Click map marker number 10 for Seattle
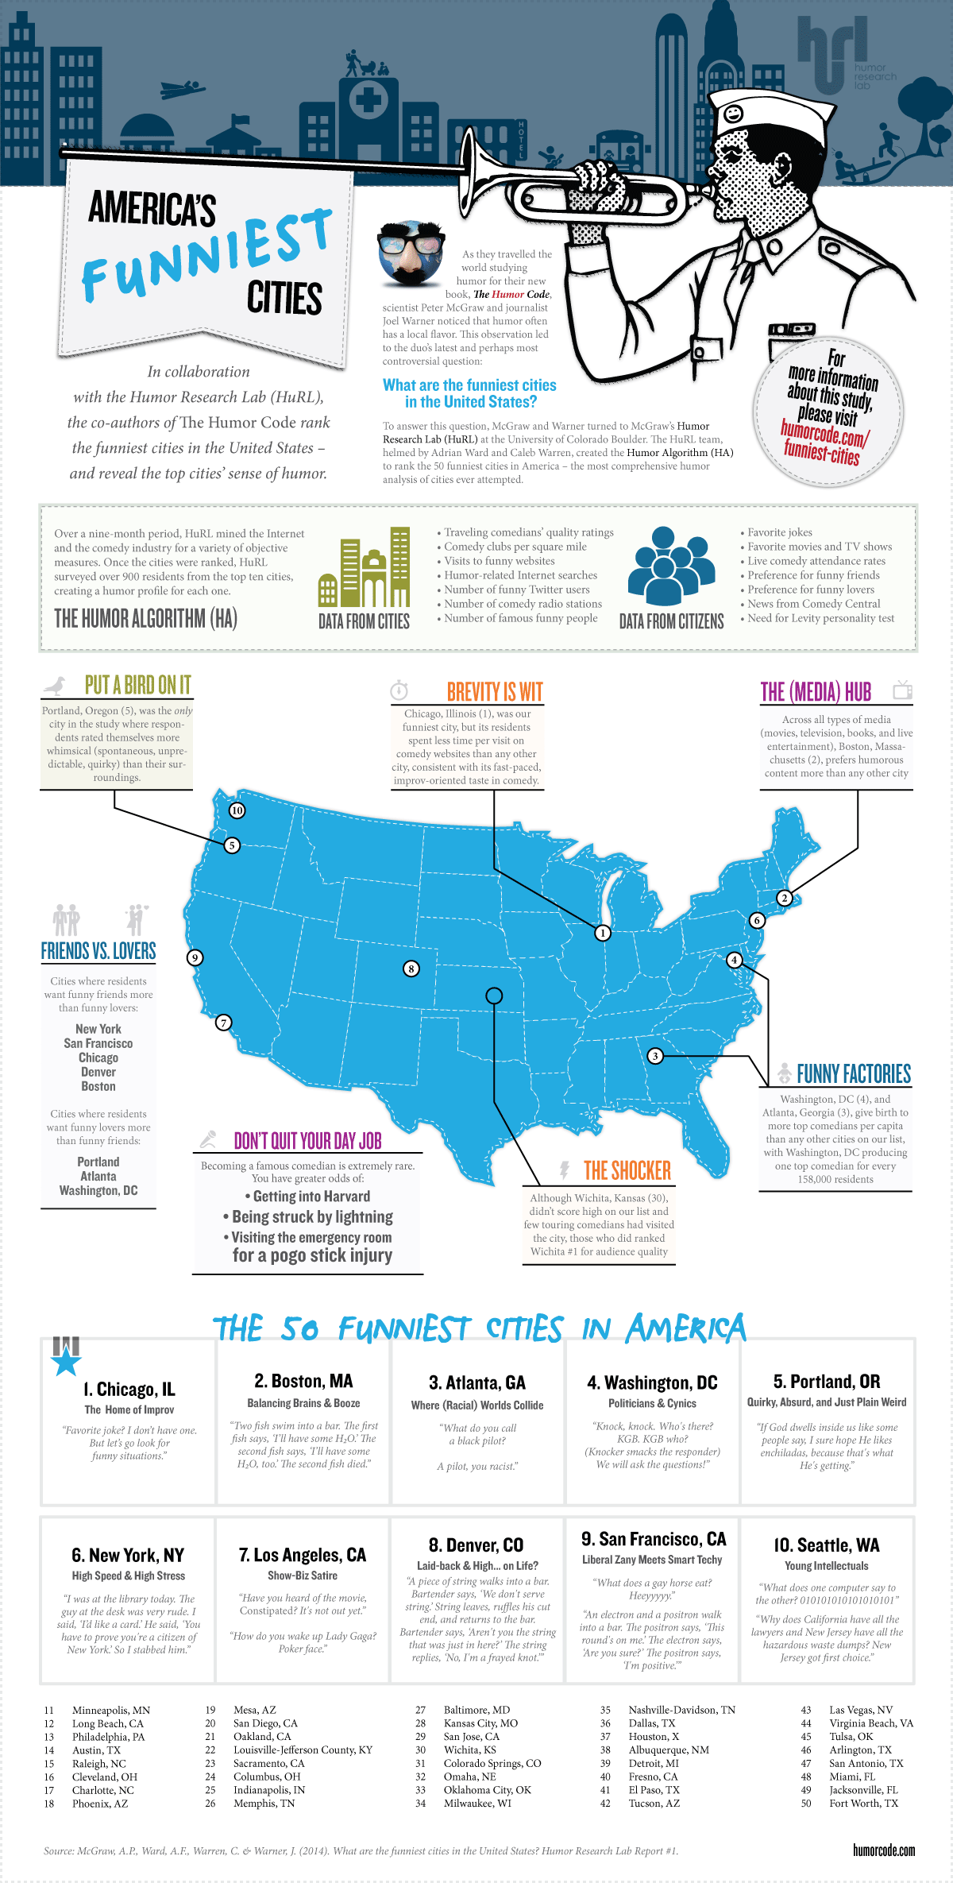(x=237, y=810)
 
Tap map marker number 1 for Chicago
(x=603, y=933)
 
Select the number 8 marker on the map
(x=411, y=969)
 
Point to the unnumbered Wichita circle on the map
(x=494, y=995)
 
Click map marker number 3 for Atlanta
(x=655, y=1056)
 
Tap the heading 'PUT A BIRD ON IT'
(x=137, y=685)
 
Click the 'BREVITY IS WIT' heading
(x=494, y=692)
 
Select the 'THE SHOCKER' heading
(x=627, y=1170)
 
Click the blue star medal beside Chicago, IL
(x=66, y=1361)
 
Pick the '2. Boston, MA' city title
(x=303, y=1381)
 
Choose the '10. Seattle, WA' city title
(x=827, y=1545)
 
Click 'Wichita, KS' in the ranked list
(x=469, y=1750)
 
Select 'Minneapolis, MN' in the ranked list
(x=111, y=1710)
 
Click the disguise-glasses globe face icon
(x=411, y=253)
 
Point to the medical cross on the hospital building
(x=367, y=100)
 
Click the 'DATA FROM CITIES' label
(x=364, y=621)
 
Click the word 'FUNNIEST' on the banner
(x=206, y=254)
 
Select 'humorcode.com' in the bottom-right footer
(x=883, y=1850)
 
